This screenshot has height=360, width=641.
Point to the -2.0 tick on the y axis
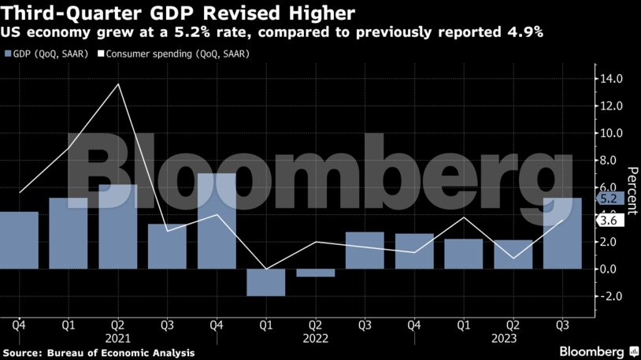click(x=612, y=296)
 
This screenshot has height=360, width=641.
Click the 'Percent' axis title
click(x=631, y=187)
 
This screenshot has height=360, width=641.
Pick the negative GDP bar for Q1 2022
click(x=266, y=282)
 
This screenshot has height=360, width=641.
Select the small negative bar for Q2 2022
click(x=315, y=273)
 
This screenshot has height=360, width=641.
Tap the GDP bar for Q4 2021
click(x=217, y=221)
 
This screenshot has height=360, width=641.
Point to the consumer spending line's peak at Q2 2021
click(x=118, y=84)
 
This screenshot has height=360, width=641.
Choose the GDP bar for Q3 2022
click(x=365, y=251)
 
